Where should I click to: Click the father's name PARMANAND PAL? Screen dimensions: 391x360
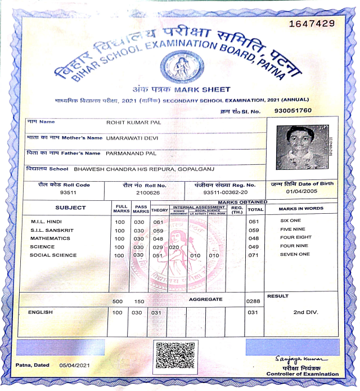132,153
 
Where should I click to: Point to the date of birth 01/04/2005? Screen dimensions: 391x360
301,191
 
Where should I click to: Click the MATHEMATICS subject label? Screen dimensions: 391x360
51,239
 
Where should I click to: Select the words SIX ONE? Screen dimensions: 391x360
291,221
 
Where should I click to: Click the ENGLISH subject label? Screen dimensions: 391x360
40,312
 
